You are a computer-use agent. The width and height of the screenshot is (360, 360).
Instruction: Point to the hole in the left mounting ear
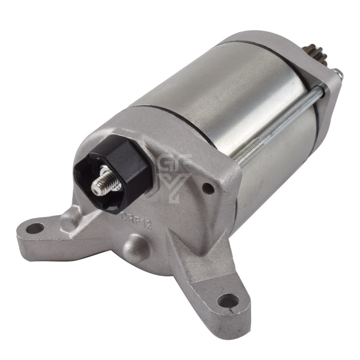(x=35, y=228)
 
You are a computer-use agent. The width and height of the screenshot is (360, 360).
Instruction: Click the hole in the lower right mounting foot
(x=228, y=301)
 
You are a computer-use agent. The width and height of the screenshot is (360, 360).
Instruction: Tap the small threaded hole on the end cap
(x=208, y=188)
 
